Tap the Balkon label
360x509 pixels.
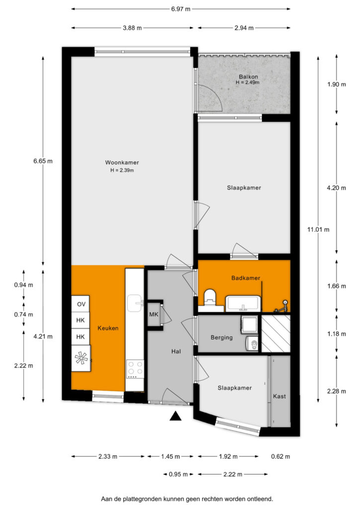click(248, 77)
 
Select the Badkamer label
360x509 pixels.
click(246, 278)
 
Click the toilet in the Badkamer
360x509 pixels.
click(210, 298)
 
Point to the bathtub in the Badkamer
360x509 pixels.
click(243, 304)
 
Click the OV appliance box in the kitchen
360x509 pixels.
click(81, 304)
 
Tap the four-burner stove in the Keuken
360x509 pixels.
click(135, 369)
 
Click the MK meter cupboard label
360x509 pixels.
click(154, 315)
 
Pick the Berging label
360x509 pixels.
click(222, 338)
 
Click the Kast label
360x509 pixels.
click(279, 396)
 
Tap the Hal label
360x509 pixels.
click(176, 351)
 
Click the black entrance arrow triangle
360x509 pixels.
click(176, 416)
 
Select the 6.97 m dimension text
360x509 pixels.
click(181, 9)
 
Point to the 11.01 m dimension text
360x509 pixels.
click(318, 230)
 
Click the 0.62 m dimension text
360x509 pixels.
click(280, 456)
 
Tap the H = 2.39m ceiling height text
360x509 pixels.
click(122, 170)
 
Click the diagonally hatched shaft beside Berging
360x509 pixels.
click(276, 334)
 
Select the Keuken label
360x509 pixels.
click(108, 328)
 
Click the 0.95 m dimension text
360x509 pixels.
click(178, 474)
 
